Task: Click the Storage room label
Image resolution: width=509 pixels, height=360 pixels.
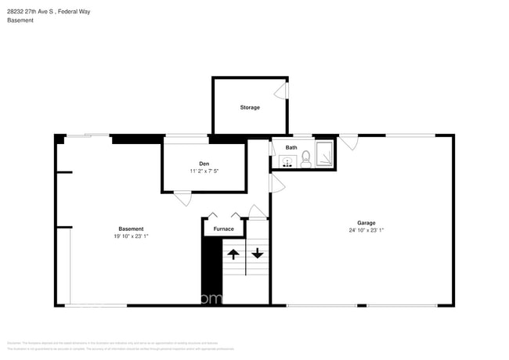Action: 250,107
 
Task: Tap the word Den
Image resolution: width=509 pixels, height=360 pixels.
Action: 204,163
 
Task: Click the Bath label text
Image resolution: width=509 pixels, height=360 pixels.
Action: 291,147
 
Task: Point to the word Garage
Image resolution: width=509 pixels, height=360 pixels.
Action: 366,221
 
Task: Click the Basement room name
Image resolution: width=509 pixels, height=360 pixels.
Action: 131,229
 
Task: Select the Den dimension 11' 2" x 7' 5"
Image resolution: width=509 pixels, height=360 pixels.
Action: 204,171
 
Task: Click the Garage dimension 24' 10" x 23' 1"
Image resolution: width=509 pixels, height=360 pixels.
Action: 366,230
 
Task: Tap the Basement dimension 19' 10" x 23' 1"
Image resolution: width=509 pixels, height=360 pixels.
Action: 131,236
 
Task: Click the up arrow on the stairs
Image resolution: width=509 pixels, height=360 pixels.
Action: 233,254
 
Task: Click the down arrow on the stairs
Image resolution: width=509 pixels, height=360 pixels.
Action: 257,254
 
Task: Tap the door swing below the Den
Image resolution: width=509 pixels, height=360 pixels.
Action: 182,198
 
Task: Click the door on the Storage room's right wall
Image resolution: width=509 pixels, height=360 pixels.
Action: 287,91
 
